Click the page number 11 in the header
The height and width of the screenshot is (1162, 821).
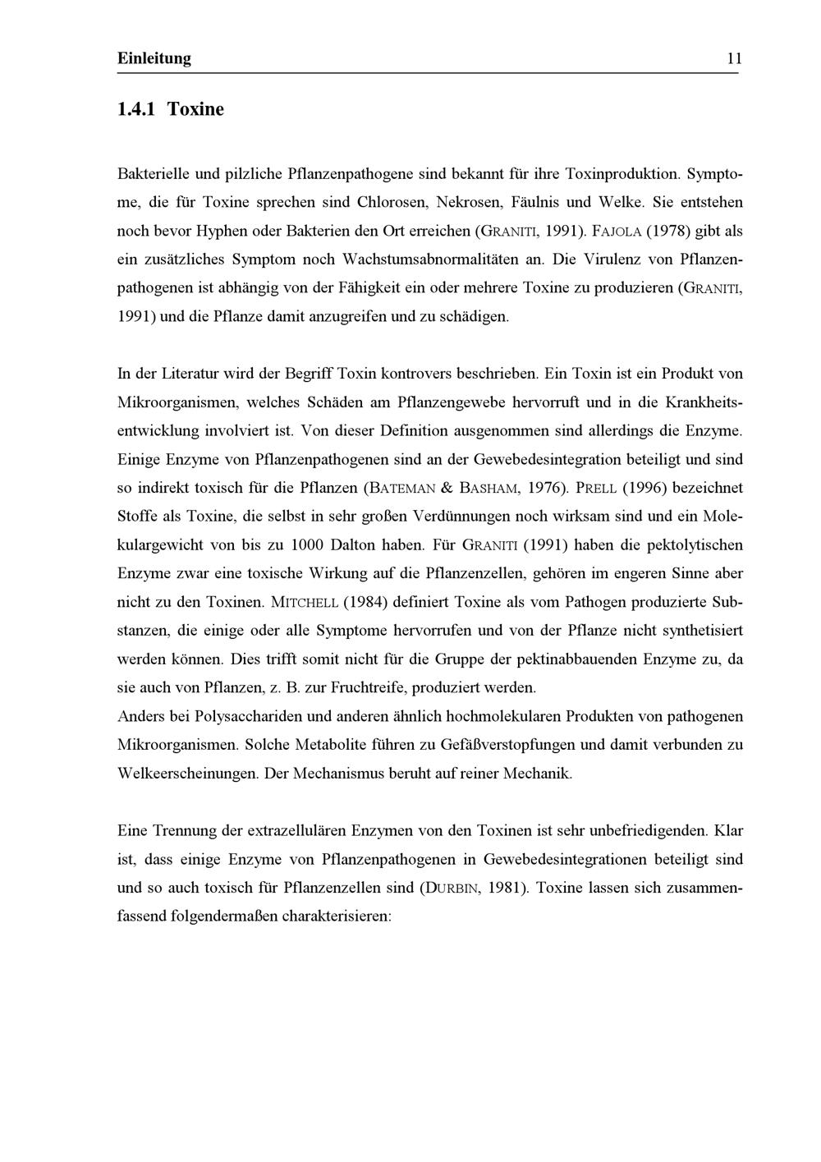point(733,58)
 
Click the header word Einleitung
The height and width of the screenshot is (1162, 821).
point(154,58)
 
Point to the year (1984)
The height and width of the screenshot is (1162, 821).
point(365,602)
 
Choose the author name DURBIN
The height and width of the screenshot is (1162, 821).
point(447,888)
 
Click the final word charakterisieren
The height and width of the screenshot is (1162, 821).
point(335,916)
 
